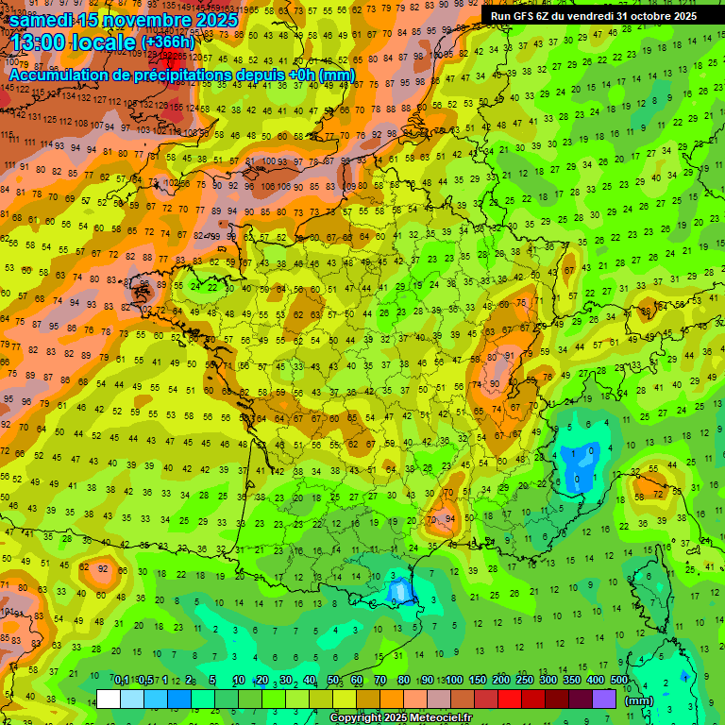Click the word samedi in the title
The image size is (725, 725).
point(43,19)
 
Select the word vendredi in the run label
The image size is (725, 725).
point(598,16)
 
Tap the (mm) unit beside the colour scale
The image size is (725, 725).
point(639,700)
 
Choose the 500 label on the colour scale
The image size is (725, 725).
point(618,680)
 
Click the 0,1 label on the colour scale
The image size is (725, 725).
point(122,680)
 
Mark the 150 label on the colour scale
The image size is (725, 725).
point(478,680)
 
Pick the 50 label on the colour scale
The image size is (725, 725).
point(333,680)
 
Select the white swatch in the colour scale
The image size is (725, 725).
point(109,699)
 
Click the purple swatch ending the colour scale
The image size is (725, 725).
point(604,699)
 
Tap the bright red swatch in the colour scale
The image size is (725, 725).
point(510,699)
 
